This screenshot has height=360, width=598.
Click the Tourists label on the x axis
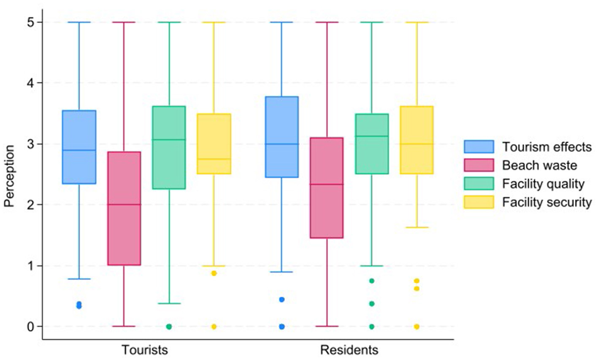pos(145,350)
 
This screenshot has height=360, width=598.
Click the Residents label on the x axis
pos(349,350)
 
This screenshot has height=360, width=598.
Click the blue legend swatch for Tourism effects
pos(479,146)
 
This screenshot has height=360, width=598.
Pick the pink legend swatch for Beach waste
pos(479,165)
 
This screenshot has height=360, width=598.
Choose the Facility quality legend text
pos(543,184)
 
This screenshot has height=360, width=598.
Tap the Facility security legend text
pos(547,202)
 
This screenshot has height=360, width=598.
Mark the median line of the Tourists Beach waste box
pos(124,205)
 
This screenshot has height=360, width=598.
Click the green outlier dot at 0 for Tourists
pos(169,327)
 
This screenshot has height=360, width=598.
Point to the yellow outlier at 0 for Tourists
pos(214,327)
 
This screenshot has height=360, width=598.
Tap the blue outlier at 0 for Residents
pos(282,327)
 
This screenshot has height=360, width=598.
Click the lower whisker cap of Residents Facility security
pos(417,227)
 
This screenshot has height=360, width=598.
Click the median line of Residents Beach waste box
pos(327,184)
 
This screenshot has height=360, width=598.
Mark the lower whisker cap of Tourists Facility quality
pos(169,303)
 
